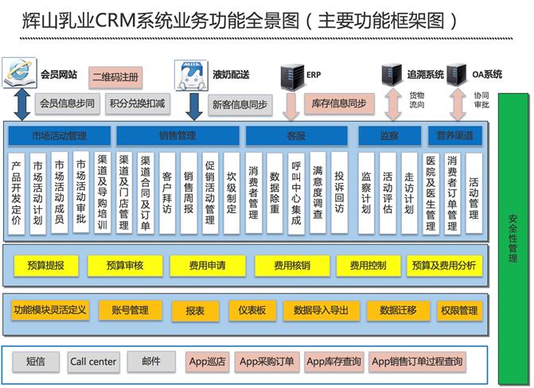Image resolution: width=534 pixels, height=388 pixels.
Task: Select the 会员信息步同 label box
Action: coord(67,103)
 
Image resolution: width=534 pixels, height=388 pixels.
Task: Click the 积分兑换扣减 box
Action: coord(137,103)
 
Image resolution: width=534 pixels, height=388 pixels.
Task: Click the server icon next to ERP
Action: coord(291,76)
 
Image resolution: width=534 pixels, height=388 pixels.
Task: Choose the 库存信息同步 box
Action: coord(339,103)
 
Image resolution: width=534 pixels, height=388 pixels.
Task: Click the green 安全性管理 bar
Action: coord(513,239)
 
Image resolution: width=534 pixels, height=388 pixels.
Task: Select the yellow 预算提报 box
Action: coord(45,266)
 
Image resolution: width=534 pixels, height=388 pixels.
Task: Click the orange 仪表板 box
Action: coord(251,310)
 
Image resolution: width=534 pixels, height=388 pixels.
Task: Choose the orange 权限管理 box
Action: coord(459,310)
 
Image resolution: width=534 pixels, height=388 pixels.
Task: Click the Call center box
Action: coord(93,362)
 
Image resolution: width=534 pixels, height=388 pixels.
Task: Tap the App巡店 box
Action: coord(207,362)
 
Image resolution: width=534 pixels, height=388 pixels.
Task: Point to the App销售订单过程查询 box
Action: coord(417,362)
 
